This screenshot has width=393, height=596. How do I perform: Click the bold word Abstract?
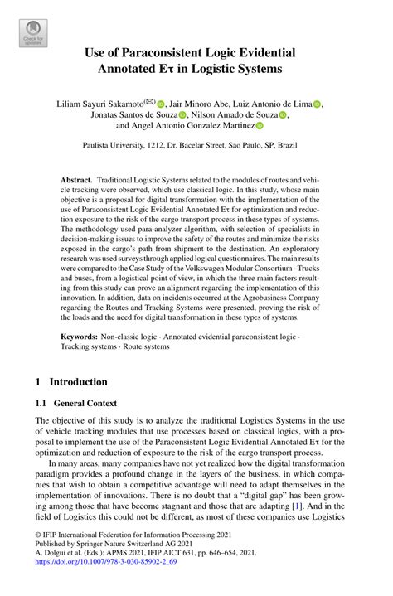coord(77,180)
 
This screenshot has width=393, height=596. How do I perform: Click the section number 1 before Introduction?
coord(37,382)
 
